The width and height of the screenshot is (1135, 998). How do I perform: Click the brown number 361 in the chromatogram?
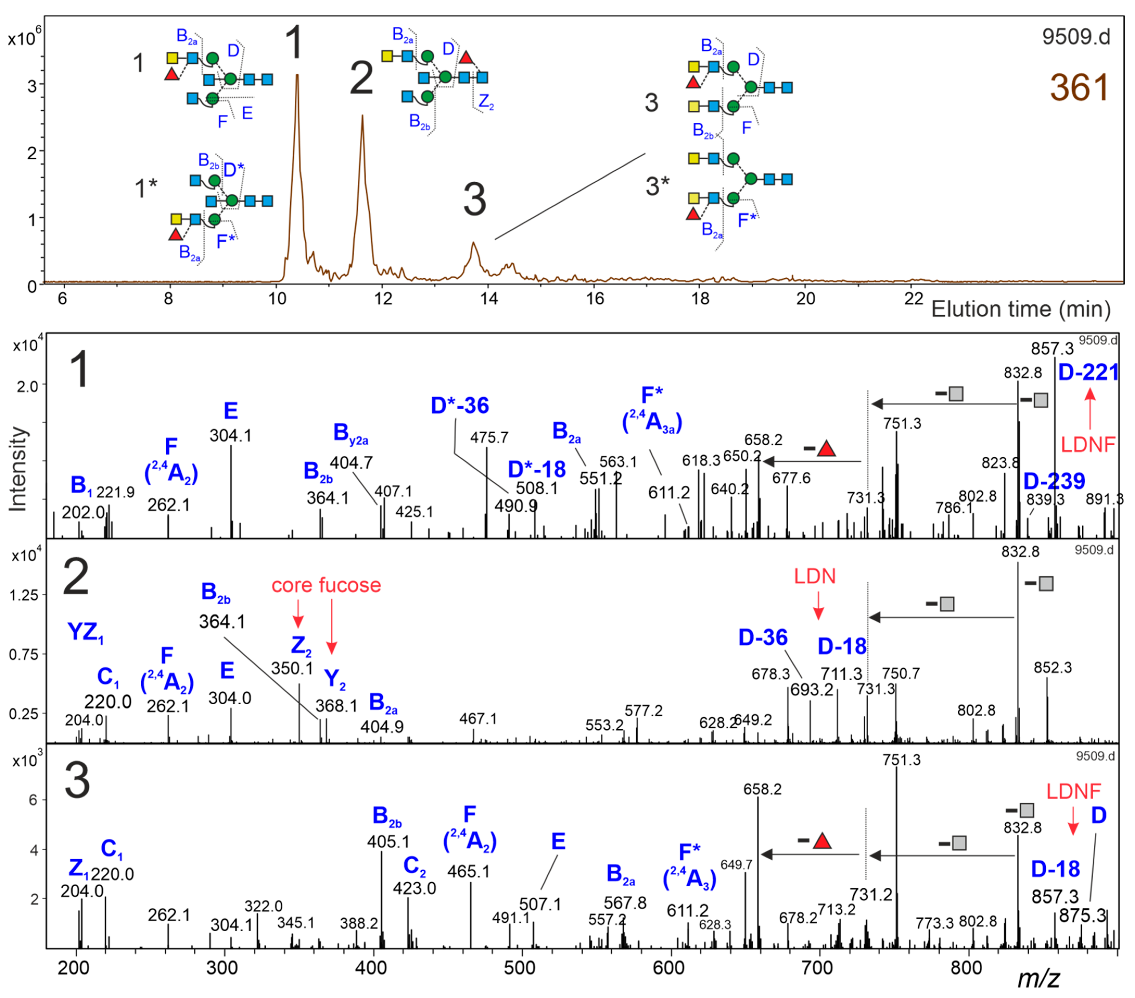click(1079, 88)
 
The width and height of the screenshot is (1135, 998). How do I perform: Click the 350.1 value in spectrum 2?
click(292, 668)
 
